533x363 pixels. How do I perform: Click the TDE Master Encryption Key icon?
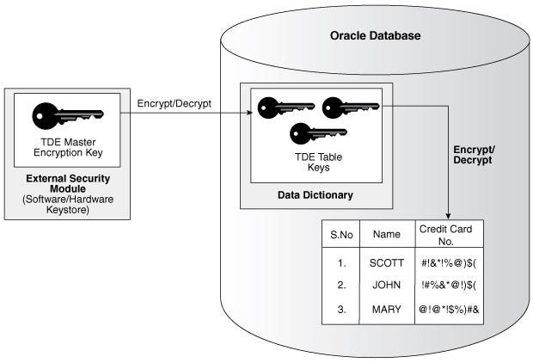[x=67, y=114]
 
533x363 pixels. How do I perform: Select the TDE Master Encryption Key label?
[x=68, y=147]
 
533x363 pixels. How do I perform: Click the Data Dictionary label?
[x=316, y=195]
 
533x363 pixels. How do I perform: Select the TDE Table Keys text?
[x=319, y=163]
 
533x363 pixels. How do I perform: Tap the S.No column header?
[x=341, y=233]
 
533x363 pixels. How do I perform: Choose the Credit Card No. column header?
[x=448, y=233]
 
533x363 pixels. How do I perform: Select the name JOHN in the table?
[x=385, y=284]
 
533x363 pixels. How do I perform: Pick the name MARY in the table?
[x=385, y=307]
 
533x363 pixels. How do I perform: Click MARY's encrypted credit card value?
[x=448, y=307]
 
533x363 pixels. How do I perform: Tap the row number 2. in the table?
[x=341, y=284]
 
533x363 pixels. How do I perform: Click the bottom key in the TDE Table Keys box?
[x=317, y=133]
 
